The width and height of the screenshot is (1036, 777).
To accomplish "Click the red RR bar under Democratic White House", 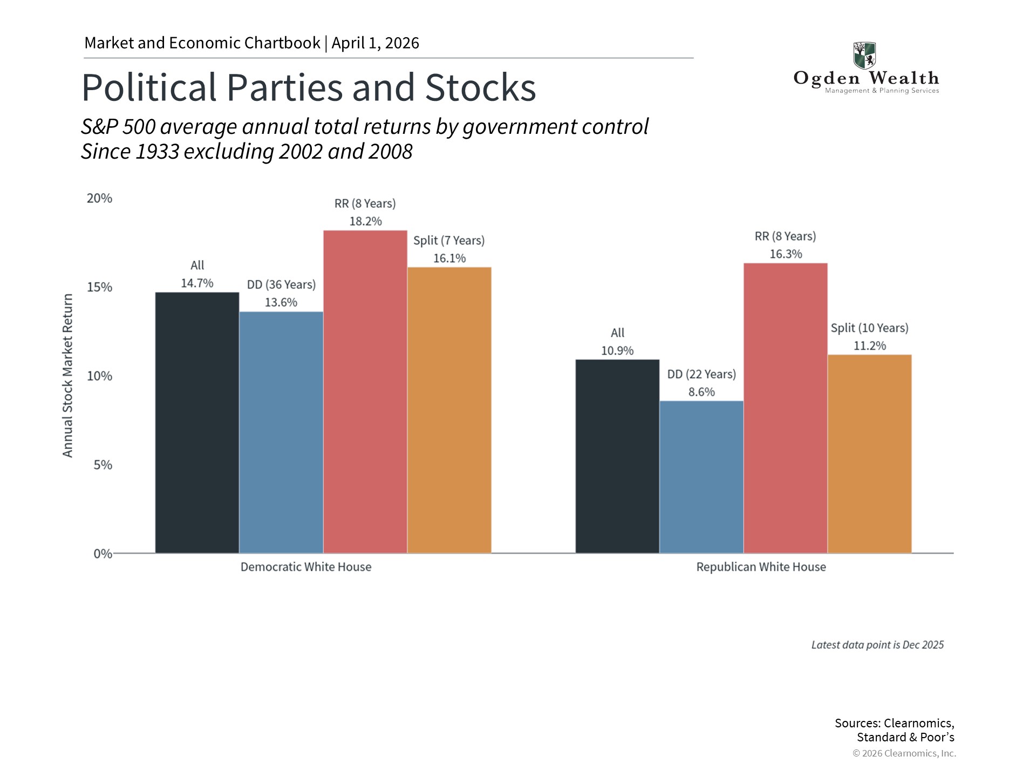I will (x=365, y=391).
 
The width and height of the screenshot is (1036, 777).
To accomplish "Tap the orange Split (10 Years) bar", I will (x=869, y=453).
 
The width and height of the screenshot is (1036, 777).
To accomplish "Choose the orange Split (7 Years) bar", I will (x=449, y=410).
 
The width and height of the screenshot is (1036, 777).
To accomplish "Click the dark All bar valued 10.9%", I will (x=617, y=456).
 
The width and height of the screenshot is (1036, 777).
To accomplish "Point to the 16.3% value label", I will (x=786, y=254).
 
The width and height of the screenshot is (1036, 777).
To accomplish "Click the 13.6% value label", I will (x=281, y=303).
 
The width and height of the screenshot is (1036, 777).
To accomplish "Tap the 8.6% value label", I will (x=701, y=392).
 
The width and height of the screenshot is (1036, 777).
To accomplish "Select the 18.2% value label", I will (x=365, y=221).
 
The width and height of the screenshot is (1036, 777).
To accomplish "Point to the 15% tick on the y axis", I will (x=100, y=287).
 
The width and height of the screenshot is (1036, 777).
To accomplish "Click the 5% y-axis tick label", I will (x=103, y=465).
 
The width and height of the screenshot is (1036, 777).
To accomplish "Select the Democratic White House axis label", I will (x=306, y=567).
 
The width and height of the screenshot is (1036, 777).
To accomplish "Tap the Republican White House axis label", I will (x=761, y=567).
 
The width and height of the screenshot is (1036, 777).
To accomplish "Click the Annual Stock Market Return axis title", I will (x=67, y=376).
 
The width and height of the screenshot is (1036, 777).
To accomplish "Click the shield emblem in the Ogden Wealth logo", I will (x=864, y=56).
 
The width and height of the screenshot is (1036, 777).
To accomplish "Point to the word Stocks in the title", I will (x=480, y=87).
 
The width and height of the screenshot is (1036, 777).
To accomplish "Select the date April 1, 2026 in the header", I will (x=376, y=43).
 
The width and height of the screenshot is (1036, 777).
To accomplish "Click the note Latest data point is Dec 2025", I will (x=877, y=645).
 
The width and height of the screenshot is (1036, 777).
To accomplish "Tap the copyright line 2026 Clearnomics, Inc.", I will (x=904, y=753).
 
